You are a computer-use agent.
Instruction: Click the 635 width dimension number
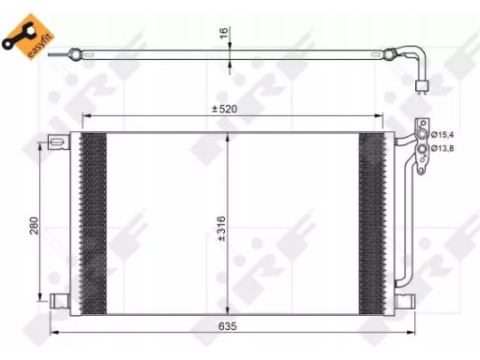[228, 326]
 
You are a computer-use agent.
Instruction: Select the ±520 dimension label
[224, 109]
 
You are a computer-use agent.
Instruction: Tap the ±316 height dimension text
[221, 229]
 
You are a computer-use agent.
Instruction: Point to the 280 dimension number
[34, 226]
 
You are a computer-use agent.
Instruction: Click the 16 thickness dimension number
[224, 33]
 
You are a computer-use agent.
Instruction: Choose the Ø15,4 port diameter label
[442, 135]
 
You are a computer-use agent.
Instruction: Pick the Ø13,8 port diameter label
[442, 148]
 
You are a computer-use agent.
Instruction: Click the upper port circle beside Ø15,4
[422, 135]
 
